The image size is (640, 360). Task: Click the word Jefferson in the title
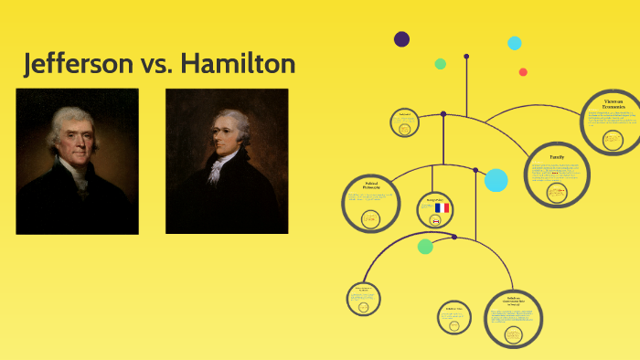coord(84,64)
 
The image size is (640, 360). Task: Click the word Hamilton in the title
coord(238,64)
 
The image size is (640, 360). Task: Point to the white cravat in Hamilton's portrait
coord(218,164)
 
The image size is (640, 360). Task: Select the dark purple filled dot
coord(401,39)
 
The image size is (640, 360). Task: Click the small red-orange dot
coord(523,72)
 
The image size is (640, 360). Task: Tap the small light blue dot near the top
coord(515,43)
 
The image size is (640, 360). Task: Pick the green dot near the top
coord(441,64)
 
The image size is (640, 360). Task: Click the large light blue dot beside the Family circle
coord(496,180)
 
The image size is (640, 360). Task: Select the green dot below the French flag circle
coord(425,246)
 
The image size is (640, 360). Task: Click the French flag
coord(443,208)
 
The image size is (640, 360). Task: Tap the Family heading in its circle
coord(557,157)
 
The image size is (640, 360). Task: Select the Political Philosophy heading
coord(371,188)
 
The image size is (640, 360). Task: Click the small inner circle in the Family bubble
coord(556,192)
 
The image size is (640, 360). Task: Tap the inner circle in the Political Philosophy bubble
coord(370,218)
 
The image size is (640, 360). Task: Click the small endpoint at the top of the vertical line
coord(466,57)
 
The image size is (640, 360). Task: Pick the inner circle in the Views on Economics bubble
coord(613,139)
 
